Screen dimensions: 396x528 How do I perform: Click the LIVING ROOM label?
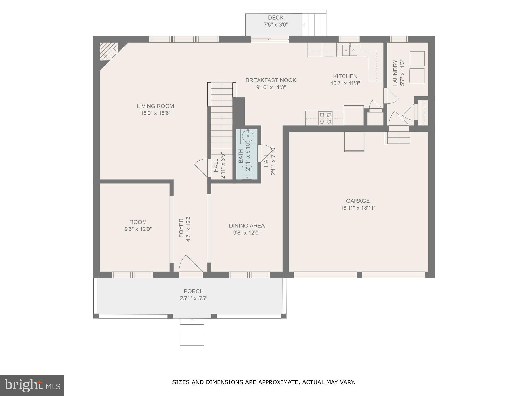[x=155, y=106]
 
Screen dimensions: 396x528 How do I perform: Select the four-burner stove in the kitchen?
[x=325, y=118]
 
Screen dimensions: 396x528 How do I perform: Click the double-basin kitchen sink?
[x=350, y=50]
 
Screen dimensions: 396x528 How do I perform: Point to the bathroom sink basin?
[x=247, y=136]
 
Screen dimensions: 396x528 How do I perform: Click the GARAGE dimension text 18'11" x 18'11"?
[x=358, y=208]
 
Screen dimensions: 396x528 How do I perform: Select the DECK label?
[x=276, y=18]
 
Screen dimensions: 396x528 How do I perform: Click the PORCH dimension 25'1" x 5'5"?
[x=193, y=298]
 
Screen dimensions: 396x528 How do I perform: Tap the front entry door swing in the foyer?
[x=190, y=264]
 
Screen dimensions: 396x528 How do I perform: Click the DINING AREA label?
[x=247, y=226]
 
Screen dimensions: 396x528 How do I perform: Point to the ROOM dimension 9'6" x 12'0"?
[x=138, y=229]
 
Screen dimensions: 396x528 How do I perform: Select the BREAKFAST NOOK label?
[x=271, y=80]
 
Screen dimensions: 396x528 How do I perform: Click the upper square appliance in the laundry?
[x=417, y=59]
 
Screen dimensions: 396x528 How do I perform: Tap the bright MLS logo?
[x=32, y=385]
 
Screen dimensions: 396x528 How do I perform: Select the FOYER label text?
[x=181, y=228]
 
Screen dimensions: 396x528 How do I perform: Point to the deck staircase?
[x=314, y=25]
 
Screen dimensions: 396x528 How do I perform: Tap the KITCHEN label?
[x=345, y=76]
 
